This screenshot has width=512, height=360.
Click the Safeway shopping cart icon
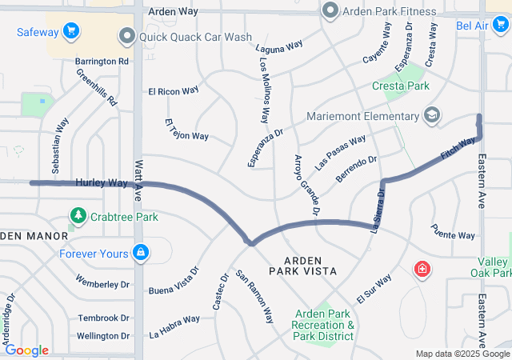point(71,32)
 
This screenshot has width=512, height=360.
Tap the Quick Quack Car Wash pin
point(126,36)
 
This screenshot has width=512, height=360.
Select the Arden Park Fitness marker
point(330,11)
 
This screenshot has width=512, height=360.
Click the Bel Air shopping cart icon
point(500,26)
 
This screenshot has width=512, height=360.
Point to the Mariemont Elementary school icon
point(432,116)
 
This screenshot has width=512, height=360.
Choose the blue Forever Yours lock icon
point(141,254)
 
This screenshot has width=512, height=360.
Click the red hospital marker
point(421,270)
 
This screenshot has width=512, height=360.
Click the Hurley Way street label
point(102,183)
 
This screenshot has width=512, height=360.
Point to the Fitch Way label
point(457,147)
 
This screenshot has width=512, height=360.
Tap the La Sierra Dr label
point(378,210)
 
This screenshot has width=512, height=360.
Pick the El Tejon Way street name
point(186,130)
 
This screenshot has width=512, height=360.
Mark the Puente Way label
point(453,235)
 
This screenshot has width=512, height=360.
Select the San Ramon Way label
point(254,296)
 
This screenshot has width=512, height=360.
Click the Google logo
point(26,350)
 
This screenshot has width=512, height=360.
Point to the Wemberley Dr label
point(102,283)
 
